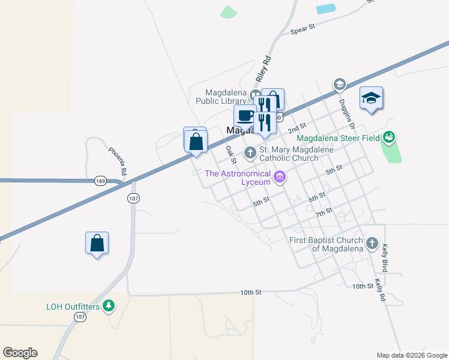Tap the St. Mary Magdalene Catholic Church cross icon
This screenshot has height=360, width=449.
(x=250, y=153)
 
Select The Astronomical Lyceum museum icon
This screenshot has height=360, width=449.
(x=279, y=177)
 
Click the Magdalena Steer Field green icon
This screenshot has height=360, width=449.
(x=388, y=137)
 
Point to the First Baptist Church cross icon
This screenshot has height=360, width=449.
(x=372, y=244)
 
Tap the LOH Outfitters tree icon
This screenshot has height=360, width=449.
(x=109, y=306)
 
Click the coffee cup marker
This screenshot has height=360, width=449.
(x=245, y=115)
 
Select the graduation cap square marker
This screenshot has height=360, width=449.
(x=371, y=97)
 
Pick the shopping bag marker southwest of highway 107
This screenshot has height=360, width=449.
(x=97, y=243)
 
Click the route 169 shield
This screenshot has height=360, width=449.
(x=100, y=179)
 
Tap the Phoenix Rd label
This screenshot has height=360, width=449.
(x=118, y=161)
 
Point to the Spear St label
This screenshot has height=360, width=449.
(x=303, y=29)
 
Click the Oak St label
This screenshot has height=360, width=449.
(x=229, y=153)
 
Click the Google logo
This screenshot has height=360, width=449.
(x=20, y=353)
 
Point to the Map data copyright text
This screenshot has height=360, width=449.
(x=412, y=355)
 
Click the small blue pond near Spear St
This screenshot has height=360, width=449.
(x=326, y=8)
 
